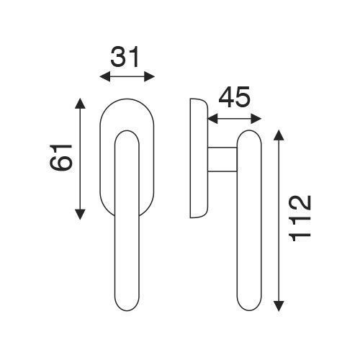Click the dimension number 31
125,57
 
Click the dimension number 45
234,96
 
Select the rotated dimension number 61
60,157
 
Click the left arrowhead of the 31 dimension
105,77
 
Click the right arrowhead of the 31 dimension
149,77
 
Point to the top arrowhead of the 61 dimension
80,104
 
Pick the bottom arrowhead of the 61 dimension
80,215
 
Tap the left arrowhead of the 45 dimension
212,119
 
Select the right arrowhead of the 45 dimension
256,119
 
